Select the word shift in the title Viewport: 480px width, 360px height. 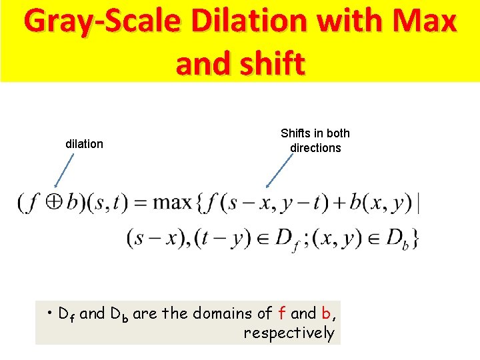[x=269, y=64]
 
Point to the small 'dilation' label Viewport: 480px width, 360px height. [x=84, y=144]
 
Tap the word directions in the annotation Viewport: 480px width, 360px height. [x=315, y=148]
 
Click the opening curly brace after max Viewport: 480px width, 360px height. [x=199, y=203]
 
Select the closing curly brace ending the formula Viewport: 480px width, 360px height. [x=415, y=238]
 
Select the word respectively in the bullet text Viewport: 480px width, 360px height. [x=289, y=333]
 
